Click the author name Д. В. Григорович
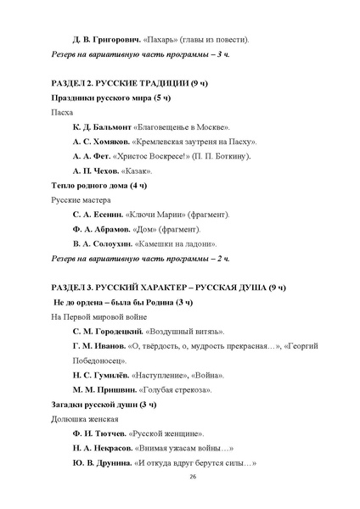102,39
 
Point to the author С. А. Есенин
98,214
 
